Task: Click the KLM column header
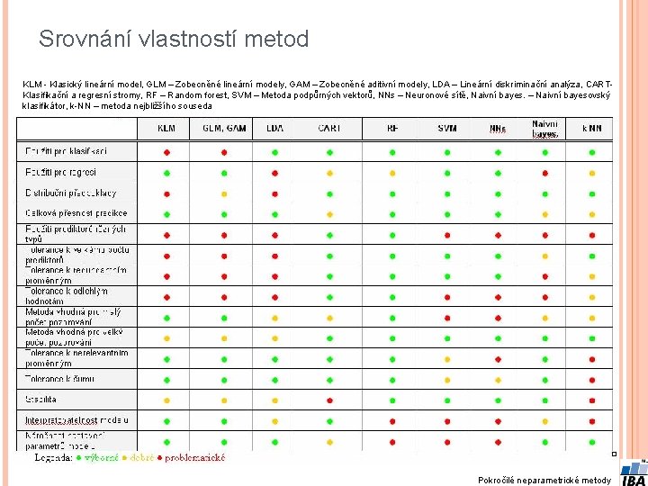pyautogui.click(x=166, y=129)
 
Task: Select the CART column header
pyautogui.click(x=328, y=129)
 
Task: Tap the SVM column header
pyautogui.click(x=447, y=129)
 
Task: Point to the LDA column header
pyautogui.click(x=274, y=129)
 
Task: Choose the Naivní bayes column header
pyautogui.click(x=544, y=129)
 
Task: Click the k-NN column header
pyautogui.click(x=591, y=129)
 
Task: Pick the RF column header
pyautogui.click(x=392, y=129)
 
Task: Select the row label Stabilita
pyautogui.click(x=41, y=398)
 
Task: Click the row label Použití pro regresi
pyautogui.click(x=60, y=172)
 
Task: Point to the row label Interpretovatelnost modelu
pyautogui.click(x=76, y=419)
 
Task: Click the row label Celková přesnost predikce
pyautogui.click(x=76, y=213)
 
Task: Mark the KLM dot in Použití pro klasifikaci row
pyautogui.click(x=166, y=152)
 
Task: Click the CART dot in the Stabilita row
pyautogui.click(x=328, y=399)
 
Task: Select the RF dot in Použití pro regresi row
pyautogui.click(x=392, y=173)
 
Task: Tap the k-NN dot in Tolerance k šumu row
pyautogui.click(x=591, y=378)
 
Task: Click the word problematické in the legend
pyautogui.click(x=194, y=457)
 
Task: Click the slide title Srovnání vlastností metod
pyautogui.click(x=174, y=40)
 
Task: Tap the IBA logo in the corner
pyautogui.click(x=633, y=472)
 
